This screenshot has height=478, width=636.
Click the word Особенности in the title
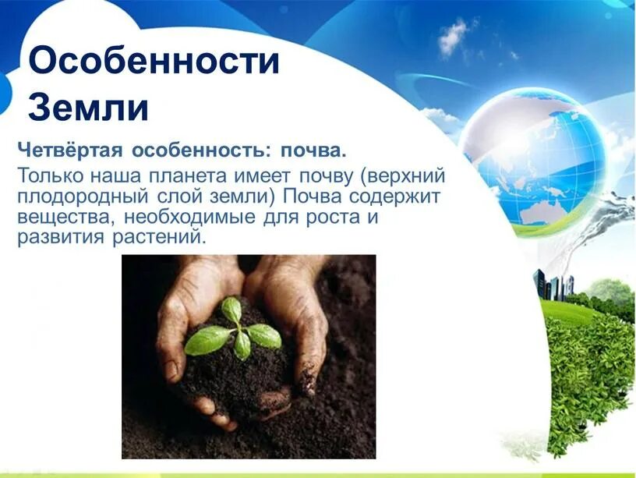pos(154,61)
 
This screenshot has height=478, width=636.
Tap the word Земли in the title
pos(88,108)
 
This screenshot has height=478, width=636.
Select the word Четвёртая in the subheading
pos(69,148)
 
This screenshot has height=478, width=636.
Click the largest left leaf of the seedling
pos(208,340)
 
